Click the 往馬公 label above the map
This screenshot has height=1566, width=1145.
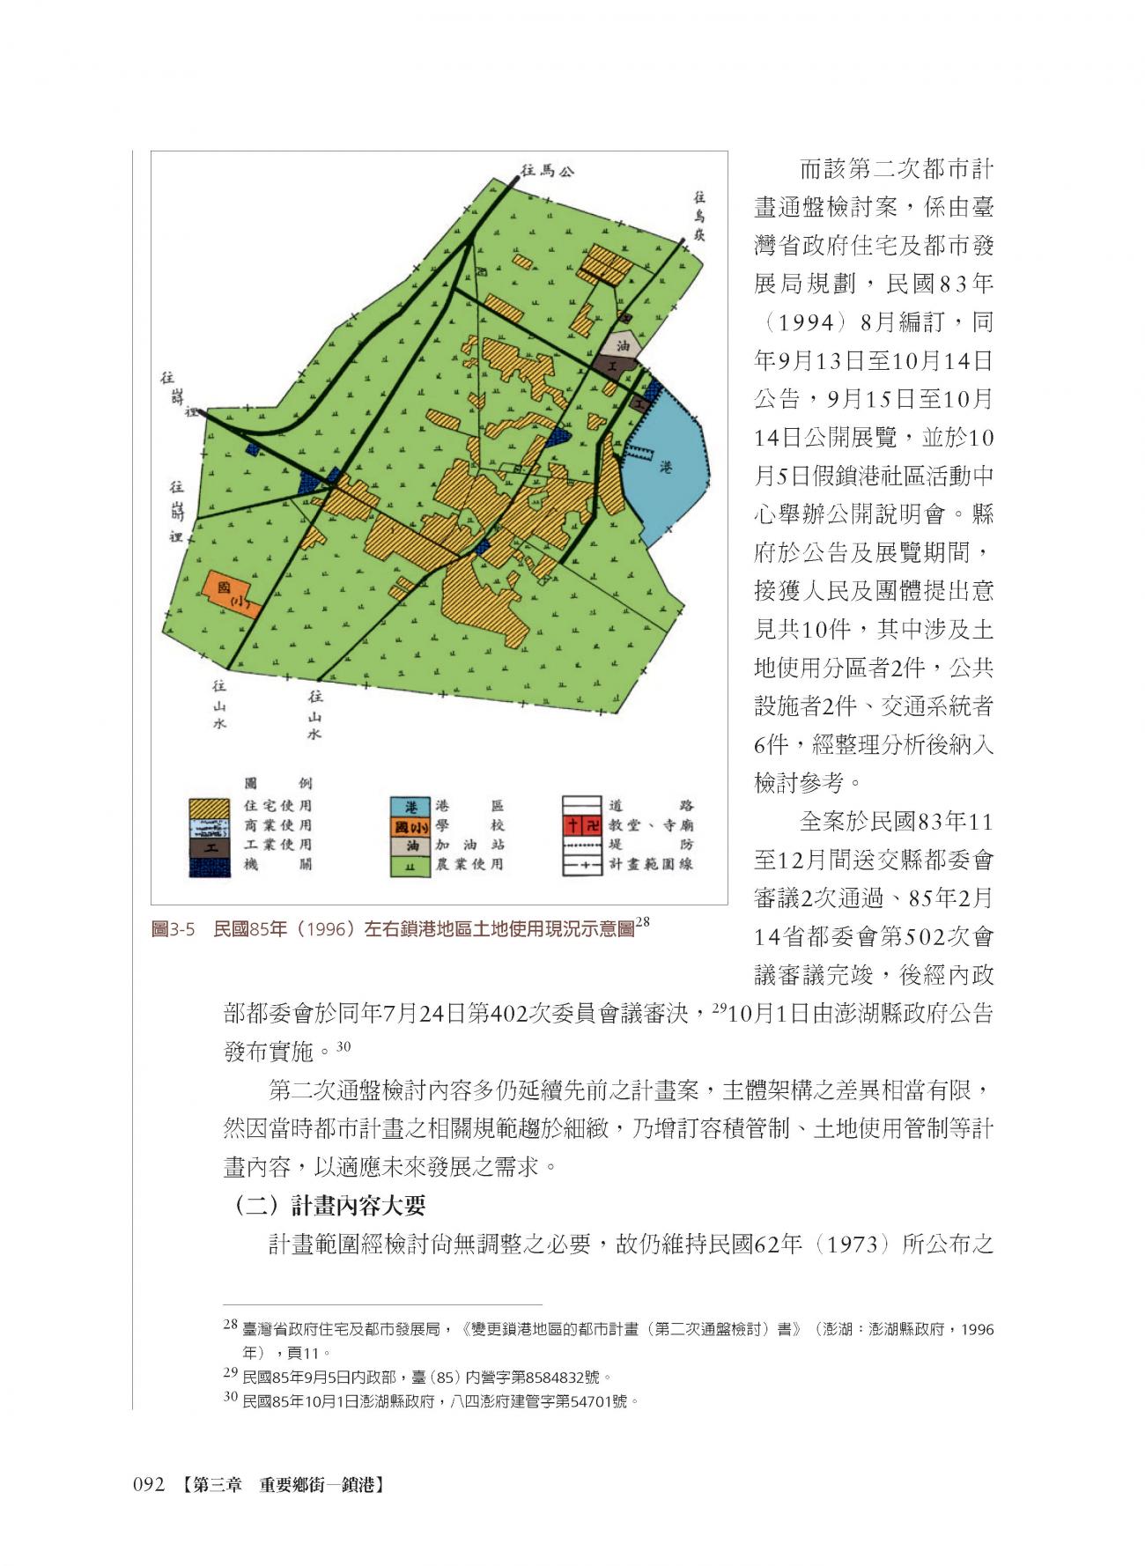click(546, 171)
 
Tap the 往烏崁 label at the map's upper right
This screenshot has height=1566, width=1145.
click(699, 217)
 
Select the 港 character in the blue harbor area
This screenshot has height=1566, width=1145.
click(666, 469)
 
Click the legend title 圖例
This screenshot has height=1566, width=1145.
click(277, 784)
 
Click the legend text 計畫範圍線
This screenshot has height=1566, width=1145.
click(650, 864)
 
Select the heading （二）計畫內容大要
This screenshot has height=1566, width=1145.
click(329, 1205)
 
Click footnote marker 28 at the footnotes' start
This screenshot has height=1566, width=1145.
click(230, 1324)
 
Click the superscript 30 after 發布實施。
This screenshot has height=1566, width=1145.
click(344, 1045)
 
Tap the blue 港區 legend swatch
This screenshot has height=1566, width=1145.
click(410, 806)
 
